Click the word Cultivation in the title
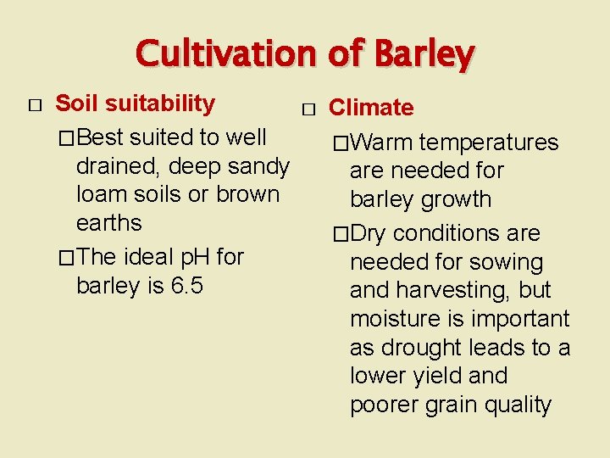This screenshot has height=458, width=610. pyautogui.click(x=226, y=54)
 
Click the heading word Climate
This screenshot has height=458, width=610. pyautogui.click(x=371, y=108)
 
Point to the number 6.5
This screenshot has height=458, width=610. pyautogui.click(x=187, y=286)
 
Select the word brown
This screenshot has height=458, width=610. pyautogui.click(x=247, y=194)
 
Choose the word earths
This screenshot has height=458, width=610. pyautogui.click(x=109, y=223)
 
